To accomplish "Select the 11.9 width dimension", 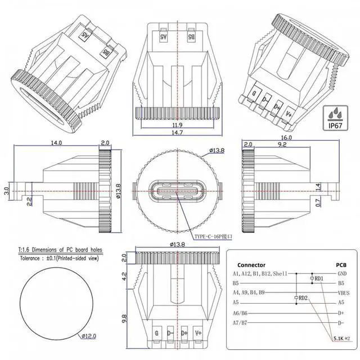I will coord(177,125).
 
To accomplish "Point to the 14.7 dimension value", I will coord(177,133).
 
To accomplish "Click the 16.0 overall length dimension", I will coord(286,138).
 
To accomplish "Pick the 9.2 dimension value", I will coord(282,145).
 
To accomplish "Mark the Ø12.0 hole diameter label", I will coord(88,336).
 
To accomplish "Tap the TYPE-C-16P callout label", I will coord(213,237).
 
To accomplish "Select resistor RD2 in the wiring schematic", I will coord(302,298).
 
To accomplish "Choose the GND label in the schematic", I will coord(343,273).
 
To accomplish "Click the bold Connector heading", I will coord(251,265).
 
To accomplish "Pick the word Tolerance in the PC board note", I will coord(34,259).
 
